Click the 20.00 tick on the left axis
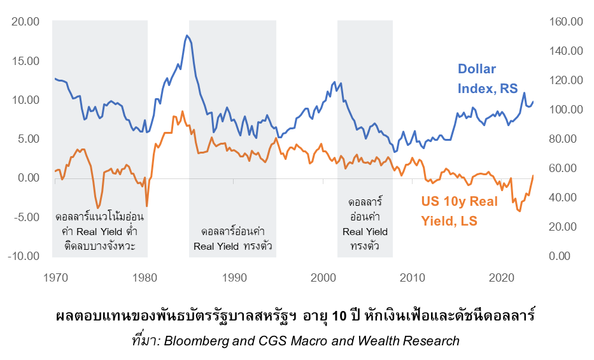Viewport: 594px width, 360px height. [x=24, y=21]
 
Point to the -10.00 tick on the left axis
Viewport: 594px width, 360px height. [x=22, y=256]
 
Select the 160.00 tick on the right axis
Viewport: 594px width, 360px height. [x=565, y=21]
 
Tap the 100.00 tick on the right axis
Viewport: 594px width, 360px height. [x=565, y=109]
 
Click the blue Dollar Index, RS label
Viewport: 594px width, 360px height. [x=487, y=78]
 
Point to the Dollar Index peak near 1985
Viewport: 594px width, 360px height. [x=187, y=36]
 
